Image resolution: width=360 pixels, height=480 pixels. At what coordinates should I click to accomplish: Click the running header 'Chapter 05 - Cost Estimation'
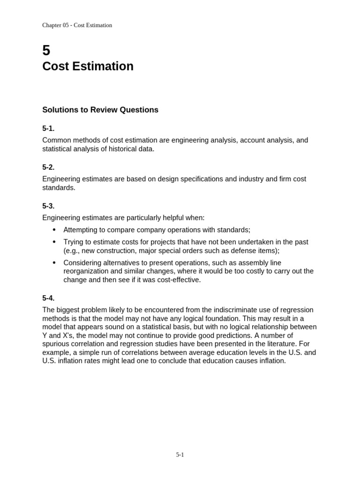click(x=77, y=25)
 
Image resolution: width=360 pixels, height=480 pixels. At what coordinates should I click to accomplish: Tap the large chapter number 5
click(x=46, y=50)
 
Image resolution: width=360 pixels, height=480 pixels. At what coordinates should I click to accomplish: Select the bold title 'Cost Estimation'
click(x=88, y=67)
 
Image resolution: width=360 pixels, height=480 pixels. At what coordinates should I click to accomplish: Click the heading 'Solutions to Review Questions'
click(x=100, y=110)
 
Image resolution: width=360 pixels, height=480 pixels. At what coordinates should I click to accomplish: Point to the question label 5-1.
click(x=48, y=128)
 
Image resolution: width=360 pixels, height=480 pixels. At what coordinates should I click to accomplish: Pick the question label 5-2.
click(x=48, y=167)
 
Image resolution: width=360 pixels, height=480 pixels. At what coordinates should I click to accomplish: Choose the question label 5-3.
click(x=48, y=206)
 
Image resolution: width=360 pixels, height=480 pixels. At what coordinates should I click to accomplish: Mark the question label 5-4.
click(x=48, y=298)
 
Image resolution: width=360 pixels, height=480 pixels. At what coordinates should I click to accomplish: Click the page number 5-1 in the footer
click(x=180, y=454)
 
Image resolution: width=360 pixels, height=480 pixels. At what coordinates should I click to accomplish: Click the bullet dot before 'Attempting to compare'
click(x=54, y=230)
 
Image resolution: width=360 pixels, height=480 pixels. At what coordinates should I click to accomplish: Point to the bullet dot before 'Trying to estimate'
click(x=54, y=242)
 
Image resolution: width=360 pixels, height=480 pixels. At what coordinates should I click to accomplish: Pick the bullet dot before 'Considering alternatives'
click(x=54, y=262)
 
